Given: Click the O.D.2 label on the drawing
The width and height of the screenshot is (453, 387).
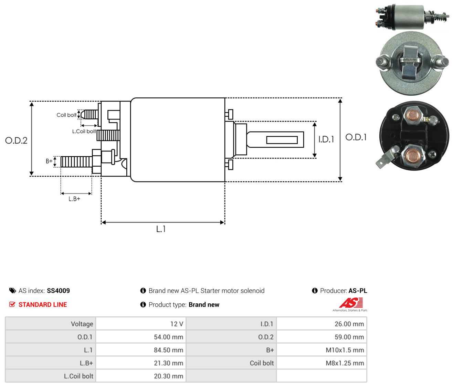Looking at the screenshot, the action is click(x=16, y=140).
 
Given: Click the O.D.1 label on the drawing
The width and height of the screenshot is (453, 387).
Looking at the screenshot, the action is click(x=356, y=137).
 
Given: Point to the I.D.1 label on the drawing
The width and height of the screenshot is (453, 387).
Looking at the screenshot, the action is click(x=326, y=139).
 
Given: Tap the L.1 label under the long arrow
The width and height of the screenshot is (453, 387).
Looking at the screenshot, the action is click(x=161, y=229).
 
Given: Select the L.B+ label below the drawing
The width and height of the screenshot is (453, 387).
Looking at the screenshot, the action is click(x=74, y=199).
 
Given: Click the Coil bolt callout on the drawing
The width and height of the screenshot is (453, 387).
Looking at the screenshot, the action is click(x=66, y=115).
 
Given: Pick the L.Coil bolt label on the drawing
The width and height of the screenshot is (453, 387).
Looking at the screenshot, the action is click(x=84, y=131).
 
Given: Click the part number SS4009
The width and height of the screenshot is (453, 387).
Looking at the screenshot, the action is click(x=58, y=291).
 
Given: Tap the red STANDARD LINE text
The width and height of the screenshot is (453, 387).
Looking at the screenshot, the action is click(x=43, y=305).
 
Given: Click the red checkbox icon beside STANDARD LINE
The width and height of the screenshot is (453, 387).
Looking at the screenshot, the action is click(x=12, y=304).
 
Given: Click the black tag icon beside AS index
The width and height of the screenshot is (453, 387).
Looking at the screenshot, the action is click(x=12, y=291).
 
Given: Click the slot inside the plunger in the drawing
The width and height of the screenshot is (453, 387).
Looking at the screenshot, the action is click(x=282, y=140).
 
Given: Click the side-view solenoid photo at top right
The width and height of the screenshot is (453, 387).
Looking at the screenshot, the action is click(x=412, y=17).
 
